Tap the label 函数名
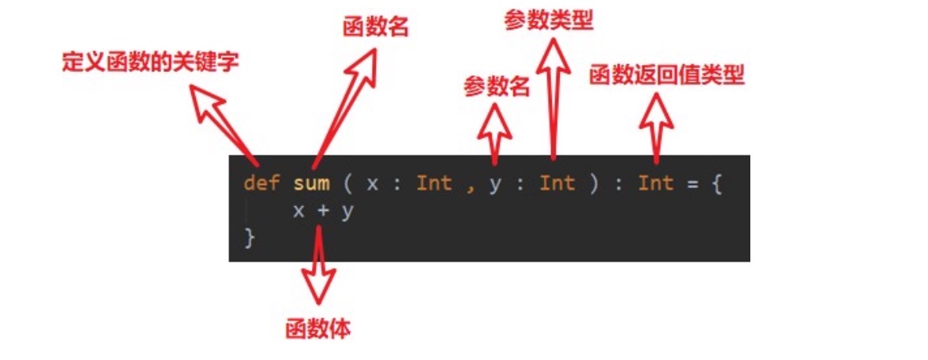pos(375,28)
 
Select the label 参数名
pos(497,86)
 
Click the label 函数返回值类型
pos(666,75)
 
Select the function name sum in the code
pos(311,183)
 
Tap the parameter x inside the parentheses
pos(373,183)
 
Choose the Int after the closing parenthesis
pos(655,183)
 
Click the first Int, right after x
pos(434,183)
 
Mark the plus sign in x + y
pos(322,212)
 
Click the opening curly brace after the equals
pos(716,184)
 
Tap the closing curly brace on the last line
pos(250,237)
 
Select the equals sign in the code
pos(691,183)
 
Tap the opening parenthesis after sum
pos(347,183)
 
